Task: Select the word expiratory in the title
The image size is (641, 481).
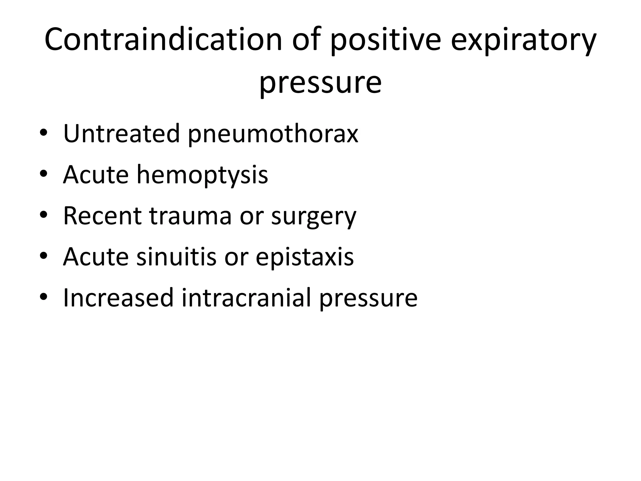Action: (x=524, y=40)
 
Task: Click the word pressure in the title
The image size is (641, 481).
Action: (x=320, y=82)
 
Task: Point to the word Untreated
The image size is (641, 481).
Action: (x=122, y=133)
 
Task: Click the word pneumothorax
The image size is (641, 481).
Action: (x=273, y=134)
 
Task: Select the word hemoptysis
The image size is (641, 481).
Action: (x=202, y=175)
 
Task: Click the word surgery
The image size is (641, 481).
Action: (x=314, y=216)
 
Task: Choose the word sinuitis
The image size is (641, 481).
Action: (x=176, y=256)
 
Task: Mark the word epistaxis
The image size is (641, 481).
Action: (x=305, y=257)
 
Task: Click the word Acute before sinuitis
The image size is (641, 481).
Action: (x=96, y=256)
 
